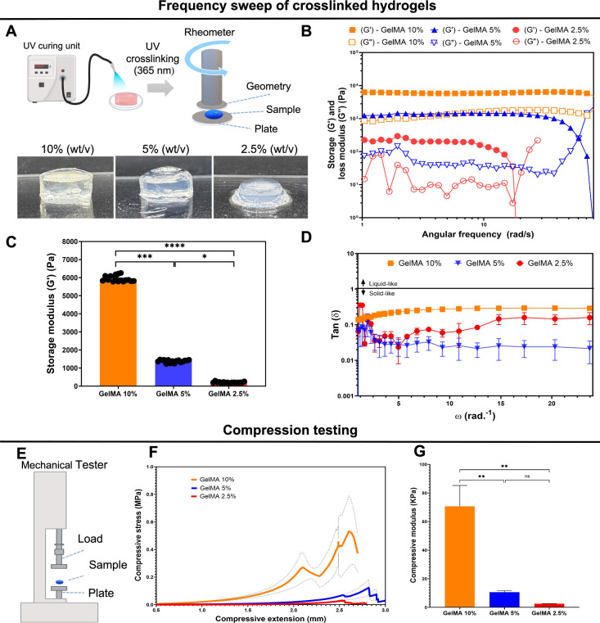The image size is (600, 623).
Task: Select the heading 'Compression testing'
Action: pos(299,429)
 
